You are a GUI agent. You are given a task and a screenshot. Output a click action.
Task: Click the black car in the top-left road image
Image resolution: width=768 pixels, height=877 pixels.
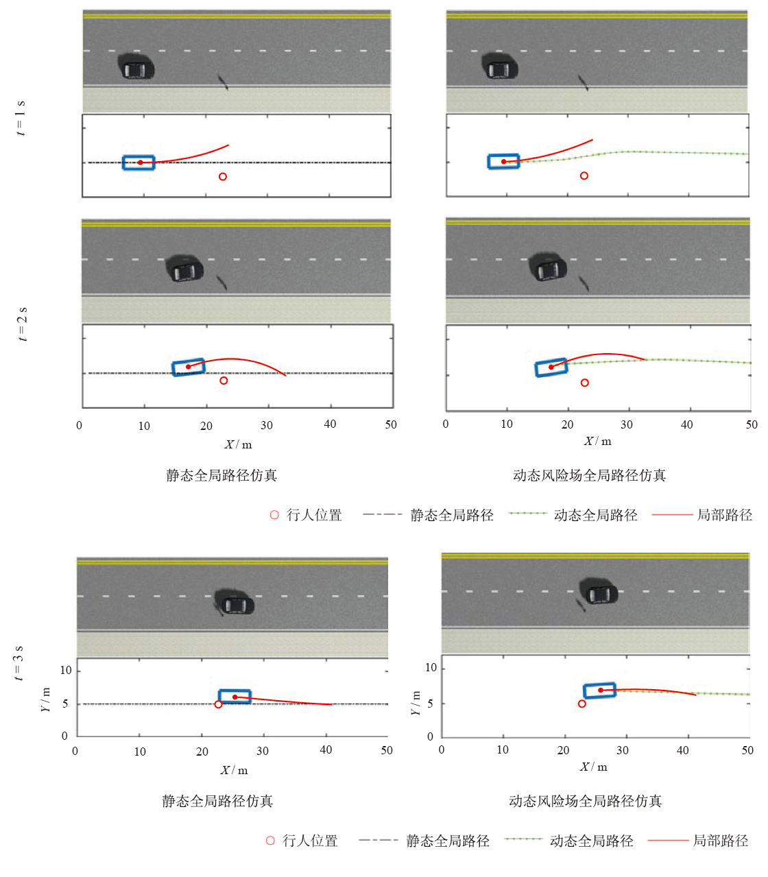(136, 68)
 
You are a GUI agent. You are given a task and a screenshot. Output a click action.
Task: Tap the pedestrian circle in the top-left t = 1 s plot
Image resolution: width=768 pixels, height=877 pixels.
(223, 177)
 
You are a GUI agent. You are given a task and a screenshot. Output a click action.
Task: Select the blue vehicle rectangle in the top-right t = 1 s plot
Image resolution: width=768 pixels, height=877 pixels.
(503, 162)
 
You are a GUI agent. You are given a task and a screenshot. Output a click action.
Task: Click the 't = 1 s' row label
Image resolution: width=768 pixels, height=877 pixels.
(21, 117)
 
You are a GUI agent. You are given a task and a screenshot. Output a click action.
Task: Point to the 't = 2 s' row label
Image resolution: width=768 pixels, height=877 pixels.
(22, 324)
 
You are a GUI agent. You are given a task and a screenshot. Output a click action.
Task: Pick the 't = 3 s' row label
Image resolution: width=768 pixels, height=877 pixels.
(19, 662)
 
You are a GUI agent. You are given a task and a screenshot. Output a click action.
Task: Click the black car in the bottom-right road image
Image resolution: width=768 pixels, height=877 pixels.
(599, 592)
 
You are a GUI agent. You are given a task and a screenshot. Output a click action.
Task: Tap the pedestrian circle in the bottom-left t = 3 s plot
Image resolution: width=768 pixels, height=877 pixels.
(218, 704)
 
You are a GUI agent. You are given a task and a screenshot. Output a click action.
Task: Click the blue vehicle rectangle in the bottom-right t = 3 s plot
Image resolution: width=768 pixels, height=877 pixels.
(599, 690)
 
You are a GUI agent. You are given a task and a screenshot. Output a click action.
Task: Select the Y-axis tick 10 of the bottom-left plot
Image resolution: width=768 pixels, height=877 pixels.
(66, 670)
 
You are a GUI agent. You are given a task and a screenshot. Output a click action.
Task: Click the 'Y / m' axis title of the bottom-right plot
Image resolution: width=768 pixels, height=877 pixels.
(416, 703)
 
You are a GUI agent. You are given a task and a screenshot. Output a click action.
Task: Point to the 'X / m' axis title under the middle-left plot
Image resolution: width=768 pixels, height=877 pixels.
(238, 444)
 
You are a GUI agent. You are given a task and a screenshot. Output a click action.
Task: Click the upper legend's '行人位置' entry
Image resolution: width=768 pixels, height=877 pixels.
(307, 515)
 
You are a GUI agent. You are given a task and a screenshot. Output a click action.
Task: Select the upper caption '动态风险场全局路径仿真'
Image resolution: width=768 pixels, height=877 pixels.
(589, 475)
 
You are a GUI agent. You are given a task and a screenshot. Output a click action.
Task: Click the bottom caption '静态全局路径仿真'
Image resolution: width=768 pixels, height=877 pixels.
(217, 801)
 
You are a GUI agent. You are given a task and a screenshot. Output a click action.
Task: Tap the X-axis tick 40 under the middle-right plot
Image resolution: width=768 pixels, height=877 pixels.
(686, 424)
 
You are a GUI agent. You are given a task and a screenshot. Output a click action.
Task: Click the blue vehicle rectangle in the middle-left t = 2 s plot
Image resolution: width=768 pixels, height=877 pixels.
(189, 367)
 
